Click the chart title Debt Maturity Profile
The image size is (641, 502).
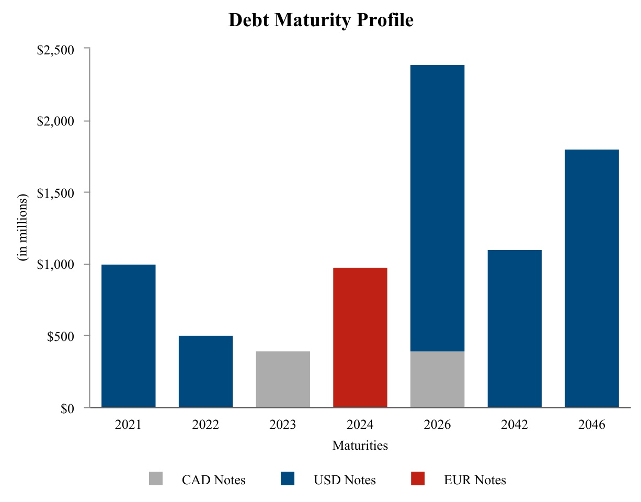pos(321,20)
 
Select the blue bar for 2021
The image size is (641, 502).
pos(128,336)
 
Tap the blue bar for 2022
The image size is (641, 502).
pos(205,371)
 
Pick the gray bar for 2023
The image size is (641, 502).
pos(283,379)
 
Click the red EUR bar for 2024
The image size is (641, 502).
pos(360,337)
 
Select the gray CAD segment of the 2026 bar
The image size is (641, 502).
pos(437,379)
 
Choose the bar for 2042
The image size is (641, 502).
pos(514,328)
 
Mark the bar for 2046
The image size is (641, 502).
pos(592,278)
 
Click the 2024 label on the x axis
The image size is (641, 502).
pos(360,425)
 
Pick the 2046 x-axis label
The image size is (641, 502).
pos(592,425)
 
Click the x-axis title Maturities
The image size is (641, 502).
pos(360,446)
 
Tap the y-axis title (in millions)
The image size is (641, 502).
pos(22,228)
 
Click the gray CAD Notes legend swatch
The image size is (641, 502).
pos(156,478)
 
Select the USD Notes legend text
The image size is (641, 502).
pos(345,480)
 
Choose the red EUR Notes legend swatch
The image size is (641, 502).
pos(418,478)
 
